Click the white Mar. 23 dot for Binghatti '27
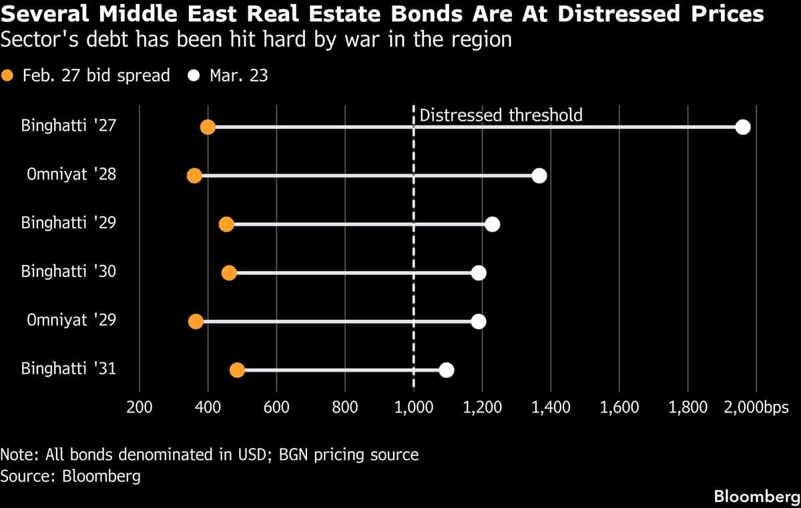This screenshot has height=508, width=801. pos(742,128)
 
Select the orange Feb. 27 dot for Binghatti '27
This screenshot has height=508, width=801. pos(208,128)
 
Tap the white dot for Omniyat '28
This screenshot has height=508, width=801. pos(539,176)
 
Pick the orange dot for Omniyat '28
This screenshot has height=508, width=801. pos(194,176)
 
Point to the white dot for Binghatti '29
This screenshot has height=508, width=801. pos(492,224)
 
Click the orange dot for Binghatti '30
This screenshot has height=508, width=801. pos(229,272)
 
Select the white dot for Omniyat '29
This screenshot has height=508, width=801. pos(478,321)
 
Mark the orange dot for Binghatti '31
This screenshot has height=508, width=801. pos(237,370)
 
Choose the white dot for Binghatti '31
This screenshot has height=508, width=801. pos(447,370)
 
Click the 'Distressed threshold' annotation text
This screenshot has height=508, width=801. pos(501,115)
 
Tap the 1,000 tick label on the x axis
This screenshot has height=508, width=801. pos(414,407)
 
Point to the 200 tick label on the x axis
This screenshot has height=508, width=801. pos(139,407)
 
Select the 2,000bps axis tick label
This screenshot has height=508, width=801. pos(756,407)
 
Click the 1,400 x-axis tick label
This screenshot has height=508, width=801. pos(551,407)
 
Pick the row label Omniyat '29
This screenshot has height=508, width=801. pos(71,321)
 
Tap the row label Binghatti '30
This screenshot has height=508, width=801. pos(69,272)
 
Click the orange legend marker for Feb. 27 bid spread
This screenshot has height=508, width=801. pos(9,75)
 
